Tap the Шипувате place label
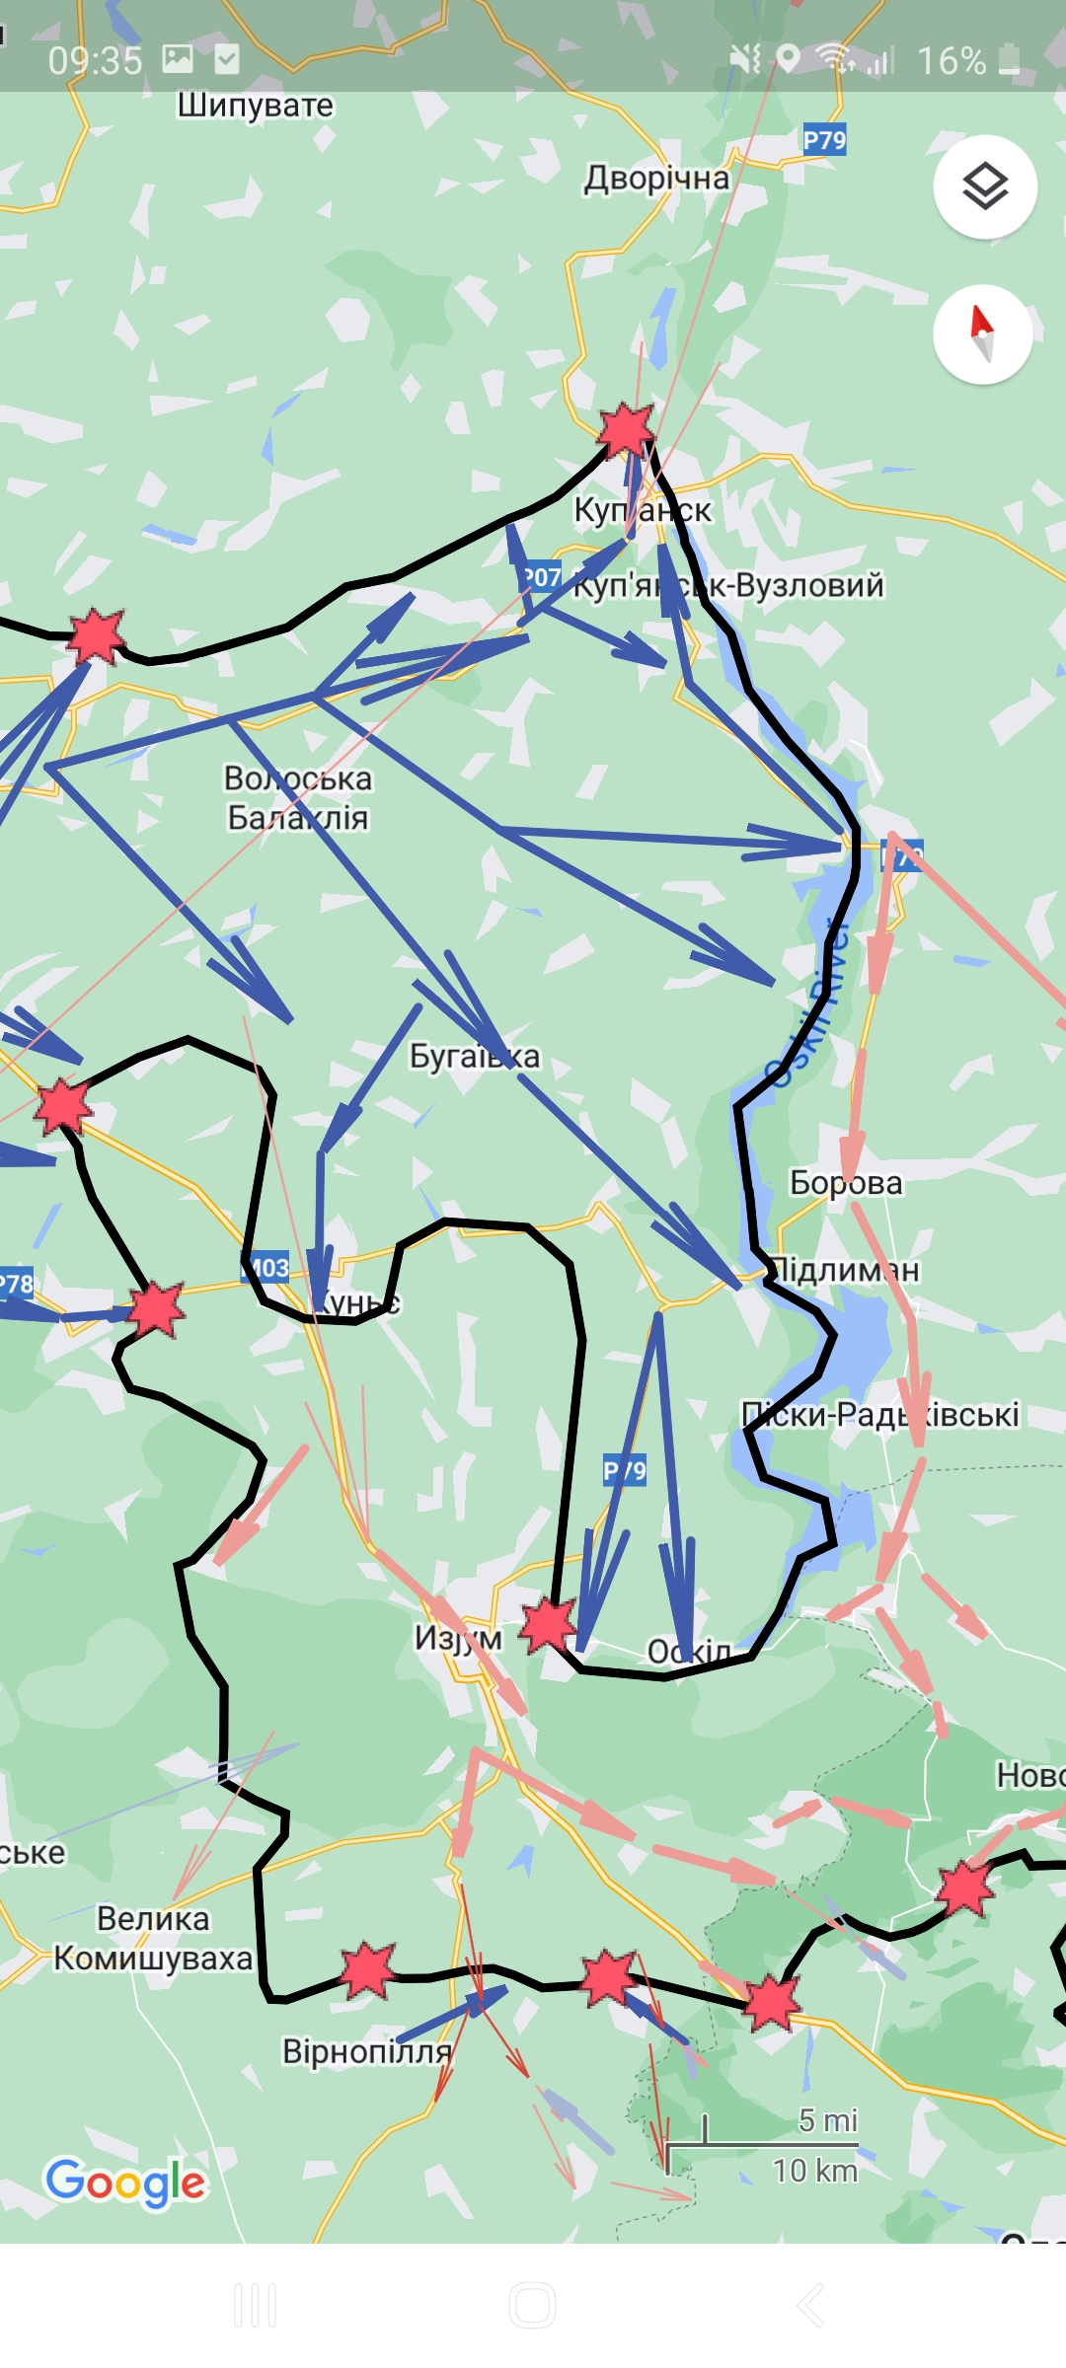(x=255, y=106)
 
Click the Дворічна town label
(x=656, y=179)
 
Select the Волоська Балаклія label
(x=297, y=798)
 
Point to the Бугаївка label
(x=475, y=1057)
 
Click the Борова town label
(x=846, y=1183)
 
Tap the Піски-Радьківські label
(x=879, y=1415)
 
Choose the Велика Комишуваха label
(x=153, y=1938)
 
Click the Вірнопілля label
(x=366, y=2051)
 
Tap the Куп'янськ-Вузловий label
(x=728, y=585)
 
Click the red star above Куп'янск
(x=626, y=430)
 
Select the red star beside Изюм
(x=549, y=1625)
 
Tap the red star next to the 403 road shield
(x=156, y=1310)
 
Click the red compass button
(x=982, y=333)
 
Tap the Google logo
(x=125, y=2182)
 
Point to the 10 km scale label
(x=814, y=2171)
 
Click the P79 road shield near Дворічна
(x=824, y=140)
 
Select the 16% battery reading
(x=952, y=61)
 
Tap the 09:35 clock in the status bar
(x=95, y=61)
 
